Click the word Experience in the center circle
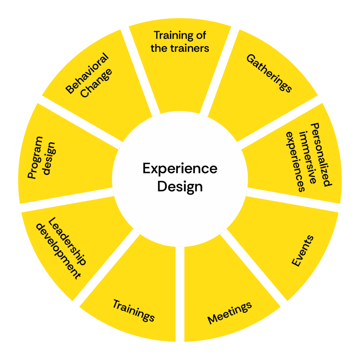point(180,169)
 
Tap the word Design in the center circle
point(180,186)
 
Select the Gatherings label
point(269,73)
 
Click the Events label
point(303,251)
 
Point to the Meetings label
point(230,313)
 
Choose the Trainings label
point(134,310)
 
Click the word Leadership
point(66,242)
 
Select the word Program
point(34,158)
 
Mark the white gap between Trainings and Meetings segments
point(180,292)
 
